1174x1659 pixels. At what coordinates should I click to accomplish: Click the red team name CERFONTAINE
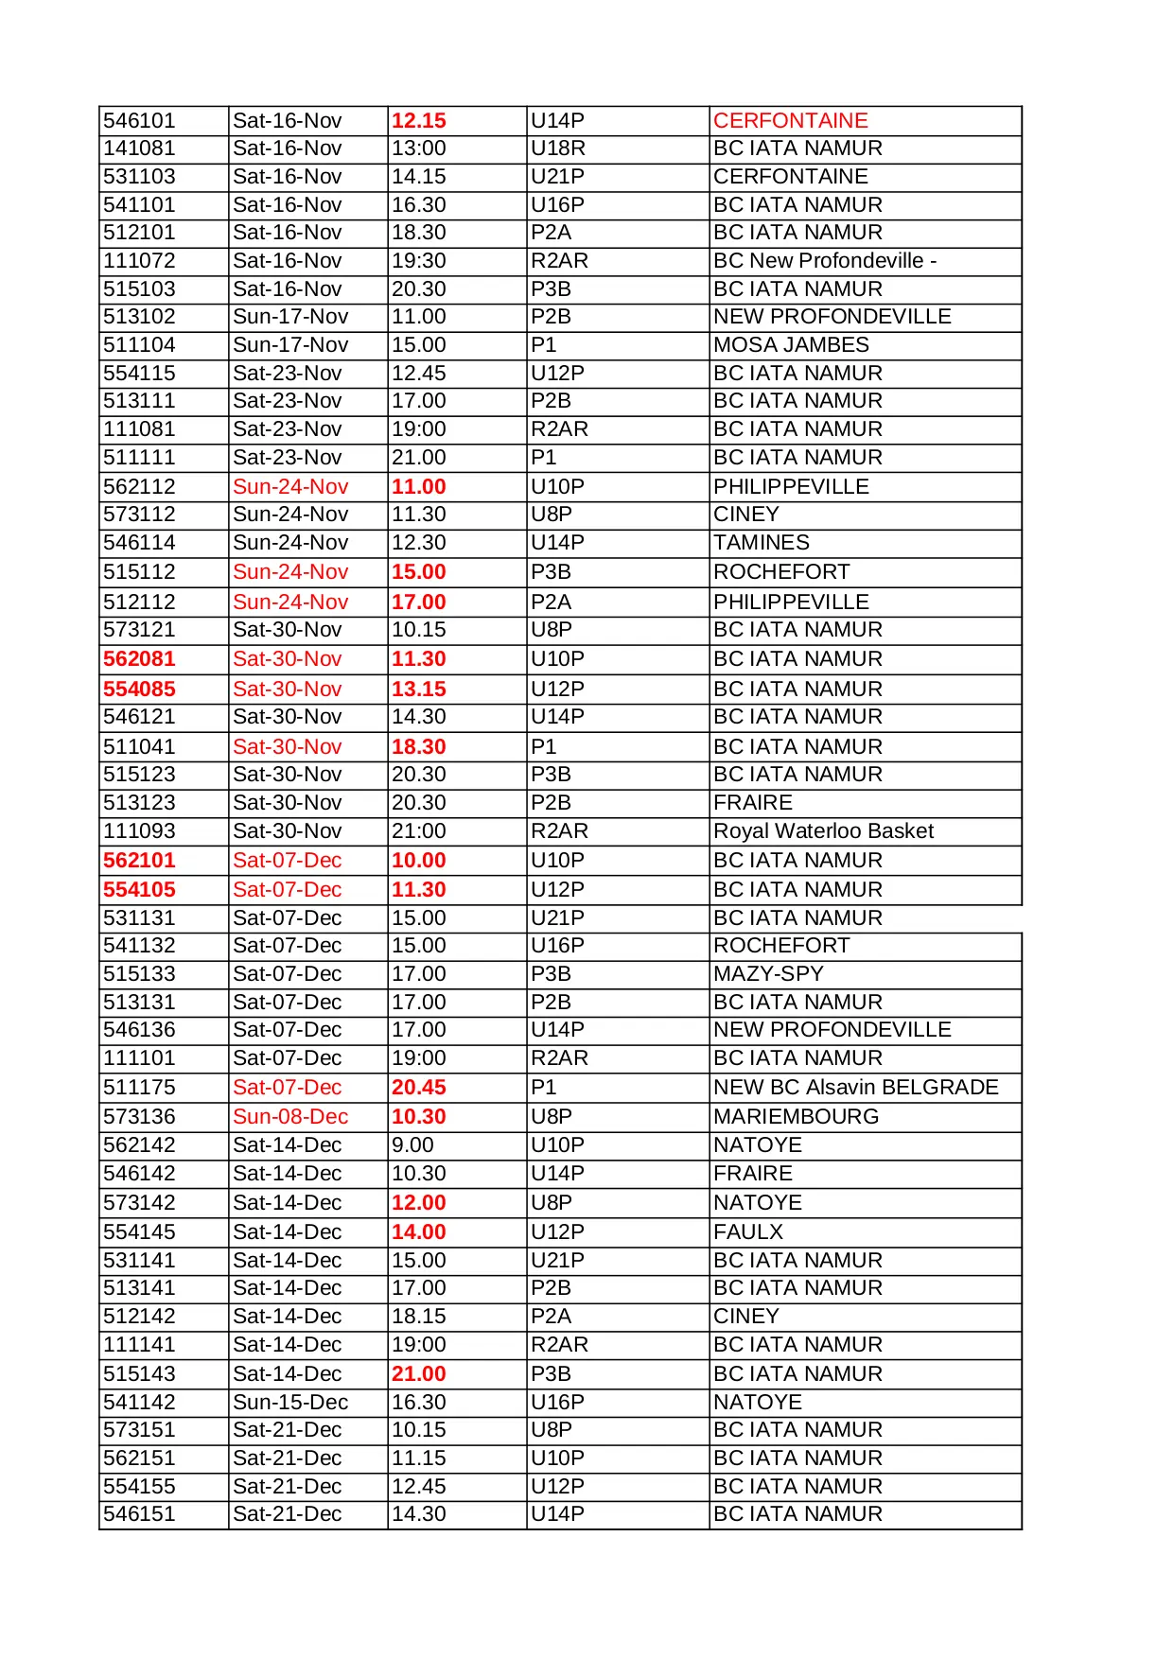(x=790, y=121)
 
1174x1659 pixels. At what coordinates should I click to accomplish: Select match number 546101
(x=139, y=121)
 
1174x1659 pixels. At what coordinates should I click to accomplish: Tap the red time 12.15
(x=418, y=121)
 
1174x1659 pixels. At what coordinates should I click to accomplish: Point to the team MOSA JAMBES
(x=791, y=345)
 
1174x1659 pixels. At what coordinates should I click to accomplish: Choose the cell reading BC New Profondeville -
(x=825, y=261)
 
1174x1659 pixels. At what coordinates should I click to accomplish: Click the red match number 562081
(x=139, y=659)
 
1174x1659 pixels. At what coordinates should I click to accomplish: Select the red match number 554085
(x=139, y=690)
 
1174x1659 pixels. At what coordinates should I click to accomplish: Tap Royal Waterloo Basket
(x=823, y=831)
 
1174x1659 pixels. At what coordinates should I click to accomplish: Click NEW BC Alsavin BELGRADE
(x=855, y=1088)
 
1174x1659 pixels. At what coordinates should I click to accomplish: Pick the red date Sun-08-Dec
(x=290, y=1117)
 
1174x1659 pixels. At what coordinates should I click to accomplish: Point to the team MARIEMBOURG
(x=796, y=1117)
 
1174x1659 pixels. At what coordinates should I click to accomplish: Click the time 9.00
(x=412, y=1145)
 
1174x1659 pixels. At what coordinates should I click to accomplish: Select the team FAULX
(x=748, y=1232)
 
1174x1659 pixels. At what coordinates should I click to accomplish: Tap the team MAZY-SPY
(x=768, y=974)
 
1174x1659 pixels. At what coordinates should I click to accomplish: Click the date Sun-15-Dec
(x=290, y=1403)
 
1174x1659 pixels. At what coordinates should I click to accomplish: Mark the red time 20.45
(x=418, y=1088)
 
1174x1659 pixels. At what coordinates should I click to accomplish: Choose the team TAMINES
(x=762, y=543)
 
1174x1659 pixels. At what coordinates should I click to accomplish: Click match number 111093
(x=139, y=831)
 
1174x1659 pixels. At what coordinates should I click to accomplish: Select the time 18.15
(x=418, y=1317)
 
